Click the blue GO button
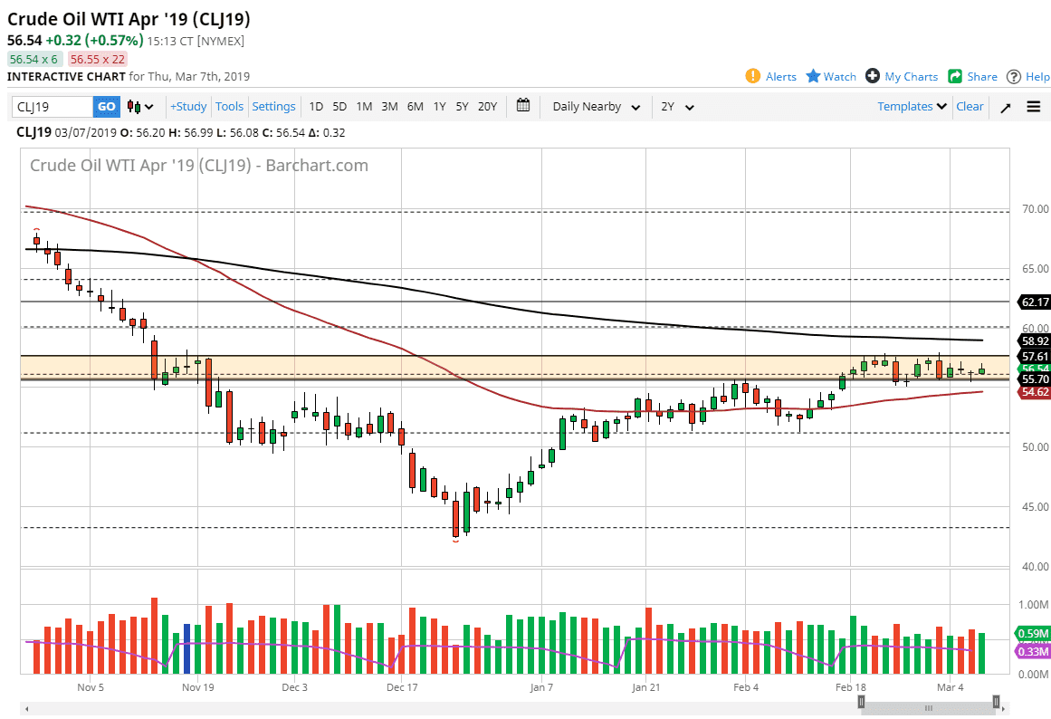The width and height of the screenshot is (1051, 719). [x=106, y=107]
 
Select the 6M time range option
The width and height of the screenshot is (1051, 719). [x=415, y=107]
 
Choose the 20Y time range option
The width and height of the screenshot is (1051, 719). [x=487, y=107]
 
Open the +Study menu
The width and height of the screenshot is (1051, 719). [x=188, y=107]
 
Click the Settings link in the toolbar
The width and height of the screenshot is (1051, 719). [x=273, y=107]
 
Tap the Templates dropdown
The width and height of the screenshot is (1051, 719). [x=912, y=107]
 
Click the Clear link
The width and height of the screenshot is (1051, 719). [x=970, y=107]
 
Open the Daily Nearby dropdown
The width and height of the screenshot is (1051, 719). [x=597, y=107]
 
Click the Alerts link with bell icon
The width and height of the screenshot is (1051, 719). [x=771, y=77]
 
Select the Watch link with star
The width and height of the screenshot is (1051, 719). [x=831, y=77]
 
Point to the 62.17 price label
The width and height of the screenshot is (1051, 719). [x=1034, y=302]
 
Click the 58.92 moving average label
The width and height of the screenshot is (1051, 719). [x=1034, y=341]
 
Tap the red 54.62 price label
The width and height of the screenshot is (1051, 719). [x=1034, y=392]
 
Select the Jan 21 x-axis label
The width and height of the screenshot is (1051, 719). [x=645, y=687]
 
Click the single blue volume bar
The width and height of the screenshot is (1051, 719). [x=187, y=648]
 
